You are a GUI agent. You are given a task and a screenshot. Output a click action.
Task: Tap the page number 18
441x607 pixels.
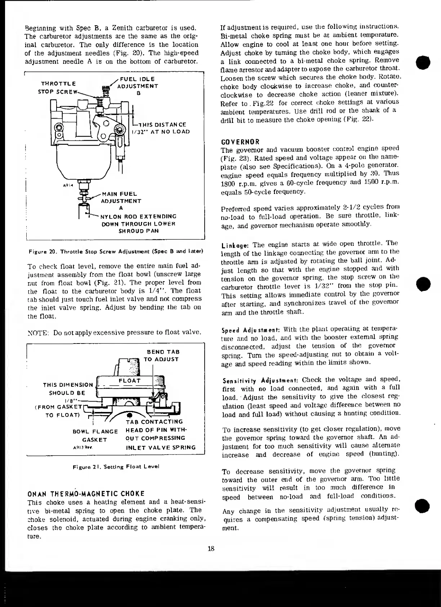pos(211,549)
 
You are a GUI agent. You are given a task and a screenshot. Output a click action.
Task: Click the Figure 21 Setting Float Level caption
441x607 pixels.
pos(116,466)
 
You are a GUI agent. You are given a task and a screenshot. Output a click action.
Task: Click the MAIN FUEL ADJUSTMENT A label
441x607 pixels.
pos(121,201)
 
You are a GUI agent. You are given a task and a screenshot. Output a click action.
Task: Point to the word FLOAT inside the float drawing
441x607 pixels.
pos(129,381)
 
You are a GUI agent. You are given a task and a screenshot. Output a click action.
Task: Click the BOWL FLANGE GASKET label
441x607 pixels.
pos(95,435)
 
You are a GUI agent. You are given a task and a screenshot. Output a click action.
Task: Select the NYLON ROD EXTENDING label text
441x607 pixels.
pos(138,217)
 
